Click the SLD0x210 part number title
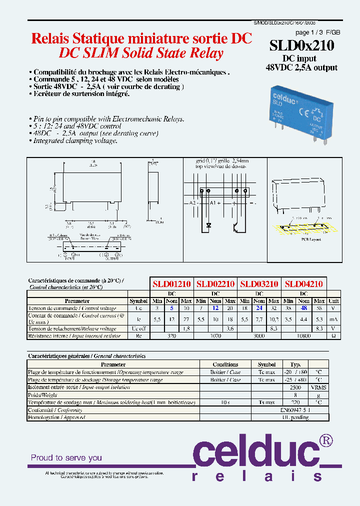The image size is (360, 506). (x=302, y=45)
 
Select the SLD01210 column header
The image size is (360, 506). (x=171, y=283)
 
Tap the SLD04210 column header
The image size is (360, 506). (x=303, y=283)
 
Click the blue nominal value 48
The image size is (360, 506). (x=303, y=308)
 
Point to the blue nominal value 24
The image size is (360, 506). (x=259, y=308)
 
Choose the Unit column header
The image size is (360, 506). (x=333, y=301)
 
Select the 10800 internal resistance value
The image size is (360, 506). (x=303, y=335)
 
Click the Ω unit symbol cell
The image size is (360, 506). (x=333, y=335)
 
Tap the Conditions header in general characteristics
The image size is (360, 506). (x=225, y=364)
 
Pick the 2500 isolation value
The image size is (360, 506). (x=296, y=387)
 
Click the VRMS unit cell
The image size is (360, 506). (x=318, y=387)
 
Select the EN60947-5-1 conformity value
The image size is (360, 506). (x=296, y=410)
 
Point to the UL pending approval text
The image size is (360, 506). (x=295, y=417)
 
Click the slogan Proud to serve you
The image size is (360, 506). (x=66, y=457)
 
